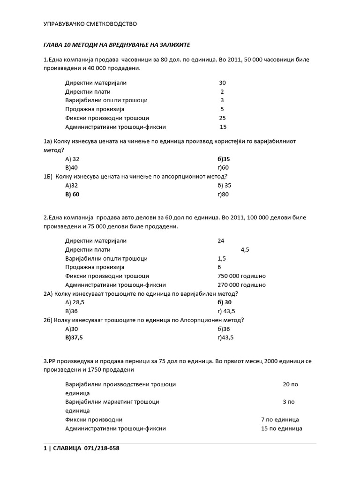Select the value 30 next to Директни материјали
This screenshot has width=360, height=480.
[222, 82]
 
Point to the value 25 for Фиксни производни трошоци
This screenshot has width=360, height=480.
[222, 118]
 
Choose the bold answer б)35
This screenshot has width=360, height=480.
[217, 159]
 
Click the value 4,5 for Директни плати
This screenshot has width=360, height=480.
[245, 250]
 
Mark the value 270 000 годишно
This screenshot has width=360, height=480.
[241, 285]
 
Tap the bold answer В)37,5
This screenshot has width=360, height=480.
[77, 337]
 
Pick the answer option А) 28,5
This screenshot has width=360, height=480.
[77, 302]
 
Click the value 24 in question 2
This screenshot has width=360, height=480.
[221, 240]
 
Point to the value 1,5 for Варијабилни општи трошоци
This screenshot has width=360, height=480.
[222, 258]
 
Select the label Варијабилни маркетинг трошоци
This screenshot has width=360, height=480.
[112, 402]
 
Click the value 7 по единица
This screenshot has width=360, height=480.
[280, 420]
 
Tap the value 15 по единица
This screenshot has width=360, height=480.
[281, 428]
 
